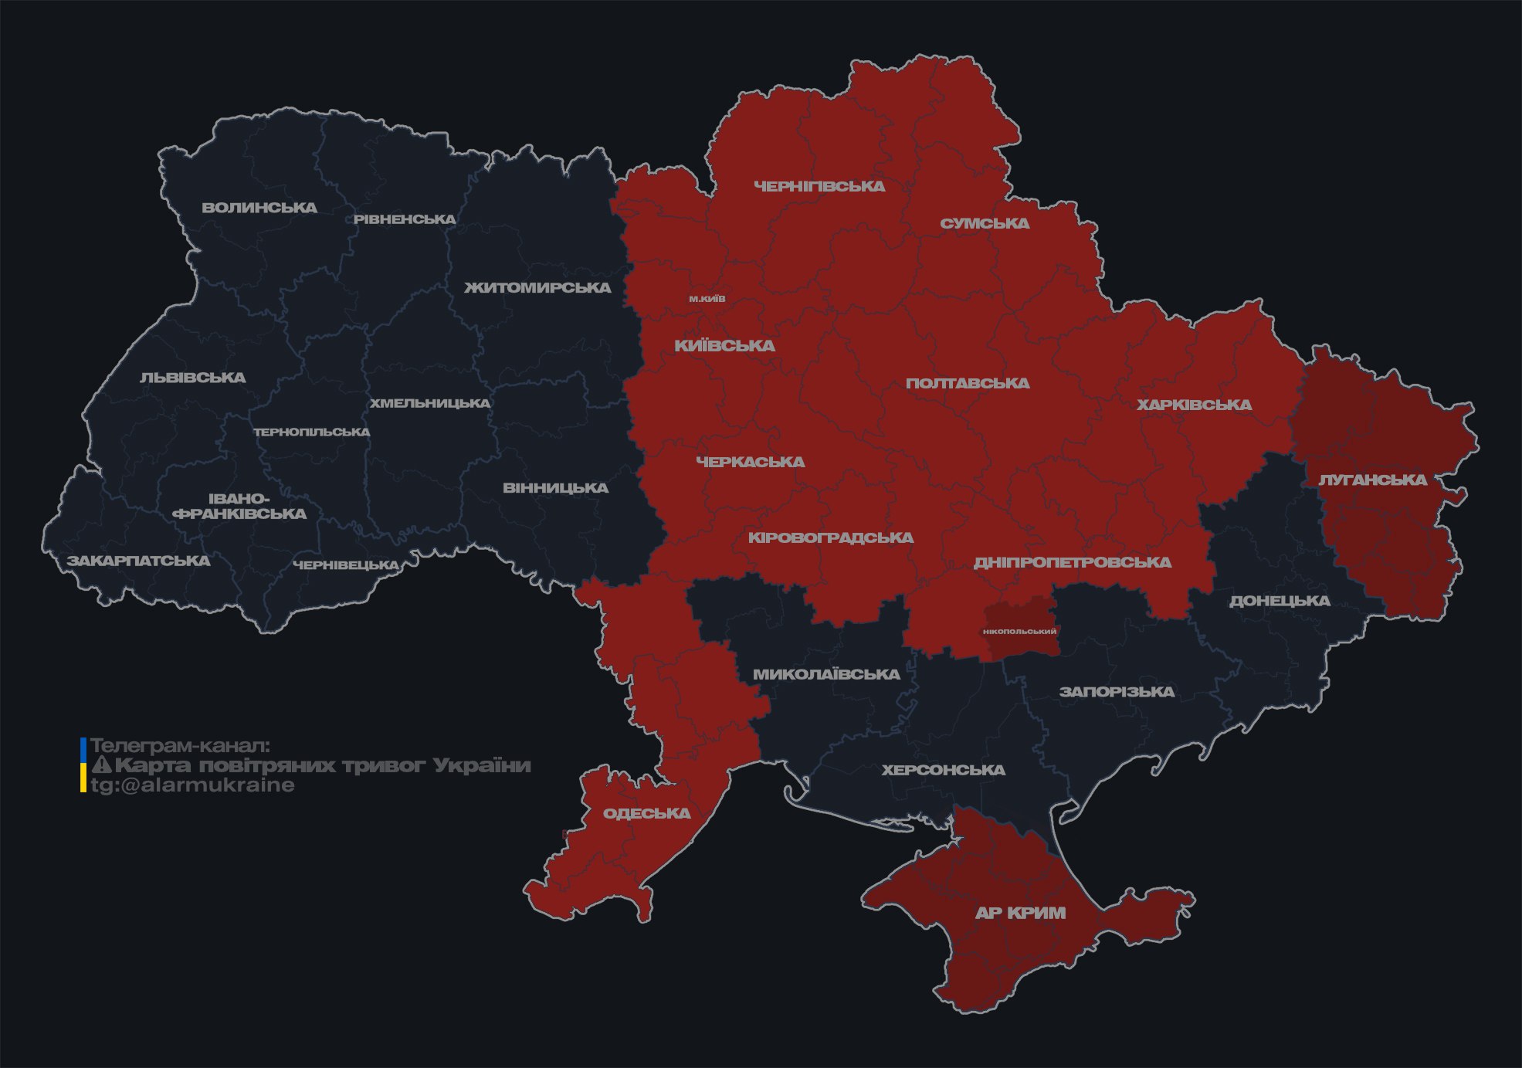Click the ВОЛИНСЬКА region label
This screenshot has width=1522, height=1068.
(x=259, y=208)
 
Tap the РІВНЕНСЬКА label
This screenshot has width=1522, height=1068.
(x=405, y=219)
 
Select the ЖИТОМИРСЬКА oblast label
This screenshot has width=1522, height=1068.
(x=537, y=288)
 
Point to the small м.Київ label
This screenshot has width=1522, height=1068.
(x=707, y=299)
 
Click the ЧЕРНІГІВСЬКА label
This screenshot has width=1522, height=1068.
(x=819, y=186)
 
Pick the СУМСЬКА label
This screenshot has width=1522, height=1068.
(x=985, y=224)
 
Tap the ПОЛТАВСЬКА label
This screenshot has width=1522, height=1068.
(x=968, y=384)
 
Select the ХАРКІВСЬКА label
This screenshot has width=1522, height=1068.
(x=1194, y=405)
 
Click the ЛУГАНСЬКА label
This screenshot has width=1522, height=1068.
(x=1372, y=480)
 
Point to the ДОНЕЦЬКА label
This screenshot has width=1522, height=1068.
(x=1280, y=601)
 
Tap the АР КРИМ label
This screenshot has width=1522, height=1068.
(x=1020, y=913)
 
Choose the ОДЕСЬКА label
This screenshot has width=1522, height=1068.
(x=646, y=814)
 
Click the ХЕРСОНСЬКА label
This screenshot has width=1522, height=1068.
(x=943, y=771)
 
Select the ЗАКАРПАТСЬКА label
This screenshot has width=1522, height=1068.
(x=138, y=561)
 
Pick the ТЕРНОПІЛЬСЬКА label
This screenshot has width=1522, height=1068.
(x=312, y=432)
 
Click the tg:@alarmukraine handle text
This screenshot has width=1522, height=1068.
(x=192, y=785)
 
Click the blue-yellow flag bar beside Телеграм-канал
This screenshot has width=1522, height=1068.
(x=83, y=765)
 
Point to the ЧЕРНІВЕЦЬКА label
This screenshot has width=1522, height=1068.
(x=346, y=565)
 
